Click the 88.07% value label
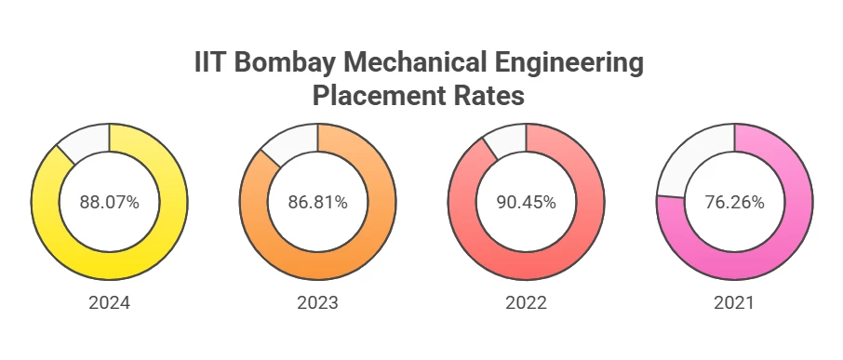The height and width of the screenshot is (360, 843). pos(110,202)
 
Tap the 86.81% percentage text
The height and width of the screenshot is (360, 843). pos(318,202)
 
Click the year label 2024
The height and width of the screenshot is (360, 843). pos(110,303)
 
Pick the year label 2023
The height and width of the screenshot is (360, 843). pos(318,303)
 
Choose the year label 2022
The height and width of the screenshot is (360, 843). pos(526,303)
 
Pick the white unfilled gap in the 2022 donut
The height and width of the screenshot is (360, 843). pos(508,141)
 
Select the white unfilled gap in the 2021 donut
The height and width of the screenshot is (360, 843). pos(693,158)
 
